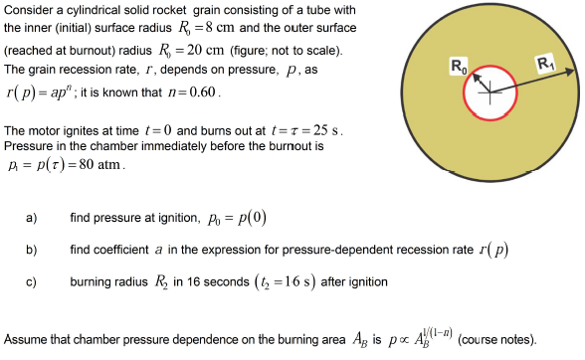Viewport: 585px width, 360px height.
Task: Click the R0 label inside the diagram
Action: tap(457, 67)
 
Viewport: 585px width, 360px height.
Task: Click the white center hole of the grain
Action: tap(490, 93)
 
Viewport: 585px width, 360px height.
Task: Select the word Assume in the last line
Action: tap(25, 338)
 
